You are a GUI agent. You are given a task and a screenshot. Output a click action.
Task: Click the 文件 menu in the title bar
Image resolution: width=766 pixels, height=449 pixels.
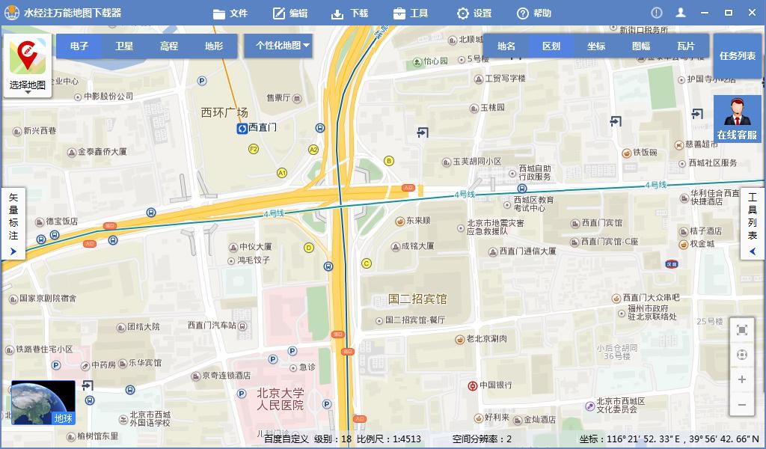click(x=230, y=13)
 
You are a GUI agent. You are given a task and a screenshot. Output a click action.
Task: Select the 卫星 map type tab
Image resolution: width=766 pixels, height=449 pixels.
click(x=124, y=46)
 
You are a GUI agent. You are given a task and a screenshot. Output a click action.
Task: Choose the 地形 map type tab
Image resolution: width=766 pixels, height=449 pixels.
click(x=214, y=46)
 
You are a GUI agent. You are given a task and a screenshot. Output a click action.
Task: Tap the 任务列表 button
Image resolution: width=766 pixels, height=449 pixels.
click(x=738, y=56)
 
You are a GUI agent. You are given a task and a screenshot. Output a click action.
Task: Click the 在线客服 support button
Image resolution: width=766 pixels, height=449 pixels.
click(x=737, y=120)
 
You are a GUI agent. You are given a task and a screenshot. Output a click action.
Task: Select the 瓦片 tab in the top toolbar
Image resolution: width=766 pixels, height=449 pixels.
click(x=686, y=46)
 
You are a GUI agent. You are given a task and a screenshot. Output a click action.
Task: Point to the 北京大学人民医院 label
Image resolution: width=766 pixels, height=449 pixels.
click(x=281, y=399)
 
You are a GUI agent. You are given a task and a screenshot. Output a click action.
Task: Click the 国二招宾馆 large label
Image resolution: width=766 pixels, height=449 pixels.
click(x=417, y=299)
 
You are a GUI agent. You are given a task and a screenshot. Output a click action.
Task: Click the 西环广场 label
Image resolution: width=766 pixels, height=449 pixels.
click(x=224, y=112)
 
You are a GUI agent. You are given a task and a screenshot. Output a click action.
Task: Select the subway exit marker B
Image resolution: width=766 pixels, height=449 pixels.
click(x=388, y=161)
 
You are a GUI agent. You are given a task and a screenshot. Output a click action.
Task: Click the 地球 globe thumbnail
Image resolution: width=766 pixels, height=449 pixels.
click(x=43, y=403)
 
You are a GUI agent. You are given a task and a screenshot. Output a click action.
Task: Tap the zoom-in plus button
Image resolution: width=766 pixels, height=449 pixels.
click(x=742, y=379)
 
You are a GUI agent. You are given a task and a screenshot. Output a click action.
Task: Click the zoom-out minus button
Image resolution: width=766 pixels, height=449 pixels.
click(x=742, y=405)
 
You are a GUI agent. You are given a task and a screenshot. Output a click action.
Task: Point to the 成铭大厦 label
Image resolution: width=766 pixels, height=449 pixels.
click(x=417, y=245)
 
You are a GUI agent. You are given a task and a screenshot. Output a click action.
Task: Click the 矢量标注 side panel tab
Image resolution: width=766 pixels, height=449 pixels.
click(x=13, y=222)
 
